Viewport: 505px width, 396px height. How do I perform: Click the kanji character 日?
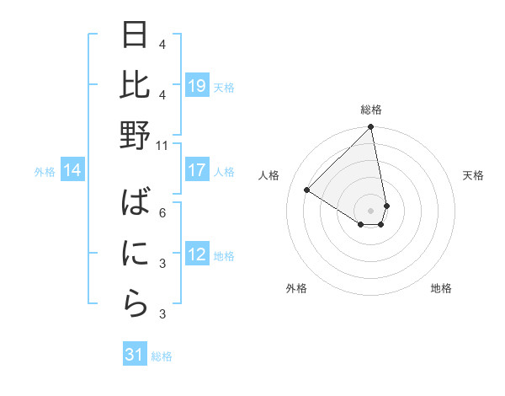136,37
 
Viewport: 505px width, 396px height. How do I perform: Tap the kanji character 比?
136,86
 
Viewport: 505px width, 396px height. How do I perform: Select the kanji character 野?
136,135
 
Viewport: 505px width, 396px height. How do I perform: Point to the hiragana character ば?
136,205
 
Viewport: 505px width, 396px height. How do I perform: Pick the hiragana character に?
136,254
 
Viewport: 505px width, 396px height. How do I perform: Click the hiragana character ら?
136,302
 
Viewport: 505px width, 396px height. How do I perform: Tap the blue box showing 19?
197,86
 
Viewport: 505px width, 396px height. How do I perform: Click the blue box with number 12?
197,254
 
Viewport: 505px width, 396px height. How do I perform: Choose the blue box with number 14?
72,171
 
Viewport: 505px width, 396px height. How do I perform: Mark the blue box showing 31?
135,356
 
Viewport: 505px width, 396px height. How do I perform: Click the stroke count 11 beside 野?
162,145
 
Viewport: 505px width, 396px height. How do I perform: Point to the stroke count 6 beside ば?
162,212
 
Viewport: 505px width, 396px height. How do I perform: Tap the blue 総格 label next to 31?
162,356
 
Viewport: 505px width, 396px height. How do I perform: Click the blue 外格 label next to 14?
45,172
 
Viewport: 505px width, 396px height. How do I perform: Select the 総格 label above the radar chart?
370,110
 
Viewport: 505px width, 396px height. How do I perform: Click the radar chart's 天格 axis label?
474,175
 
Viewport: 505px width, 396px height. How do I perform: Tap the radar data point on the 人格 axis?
307,190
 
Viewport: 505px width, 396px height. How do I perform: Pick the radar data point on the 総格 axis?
370,127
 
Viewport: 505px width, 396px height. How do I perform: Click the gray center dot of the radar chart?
370,209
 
